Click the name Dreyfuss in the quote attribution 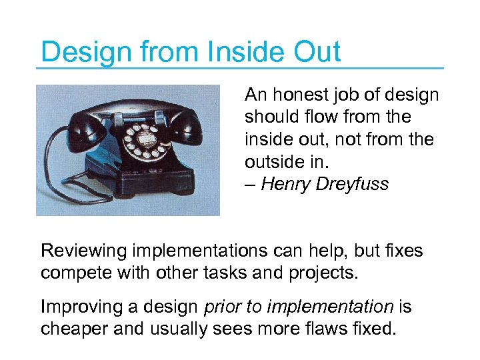352,184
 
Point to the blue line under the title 240,67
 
